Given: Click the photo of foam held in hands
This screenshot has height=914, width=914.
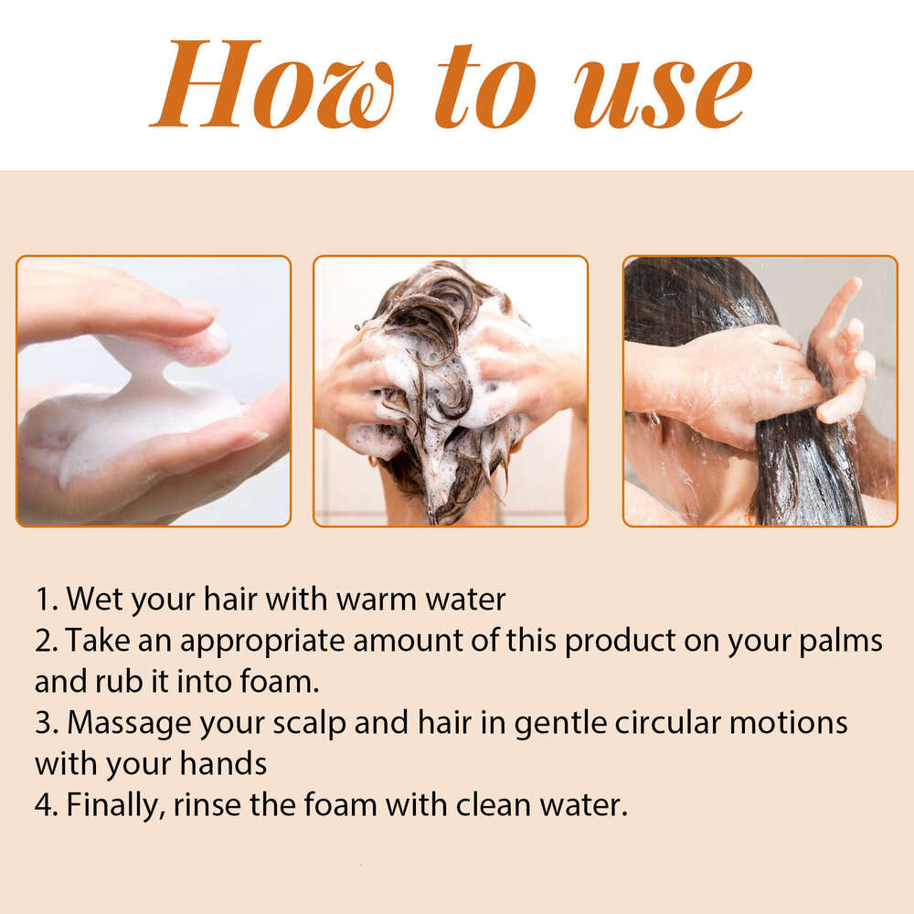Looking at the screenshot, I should click(x=154, y=391).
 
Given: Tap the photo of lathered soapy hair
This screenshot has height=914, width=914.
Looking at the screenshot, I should click(x=451, y=391).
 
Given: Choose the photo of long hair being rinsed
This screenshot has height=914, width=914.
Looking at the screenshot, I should click(x=760, y=391).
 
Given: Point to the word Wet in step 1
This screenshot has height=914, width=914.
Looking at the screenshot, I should click(x=95, y=600).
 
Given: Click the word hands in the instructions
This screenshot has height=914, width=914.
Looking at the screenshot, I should click(x=223, y=764).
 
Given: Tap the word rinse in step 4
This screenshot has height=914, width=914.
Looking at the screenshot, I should click(x=218, y=805).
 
